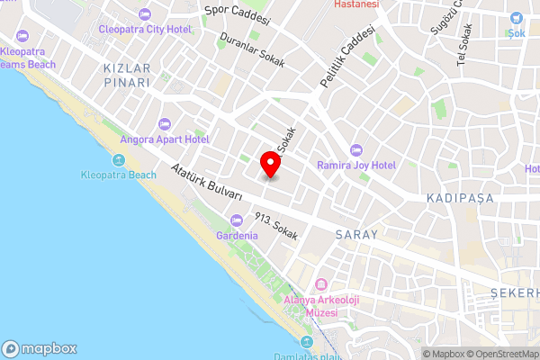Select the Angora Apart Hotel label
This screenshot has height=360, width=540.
tap(170, 139)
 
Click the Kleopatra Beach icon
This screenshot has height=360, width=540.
tap(118, 160)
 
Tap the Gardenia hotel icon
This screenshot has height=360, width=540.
tap(237, 220)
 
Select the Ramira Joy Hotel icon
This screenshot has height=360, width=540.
tap(355, 149)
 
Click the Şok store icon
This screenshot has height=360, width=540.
tap(516, 18)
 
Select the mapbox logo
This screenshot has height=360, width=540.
tap(40, 348)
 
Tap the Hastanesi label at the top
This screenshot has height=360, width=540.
tap(356, 4)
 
